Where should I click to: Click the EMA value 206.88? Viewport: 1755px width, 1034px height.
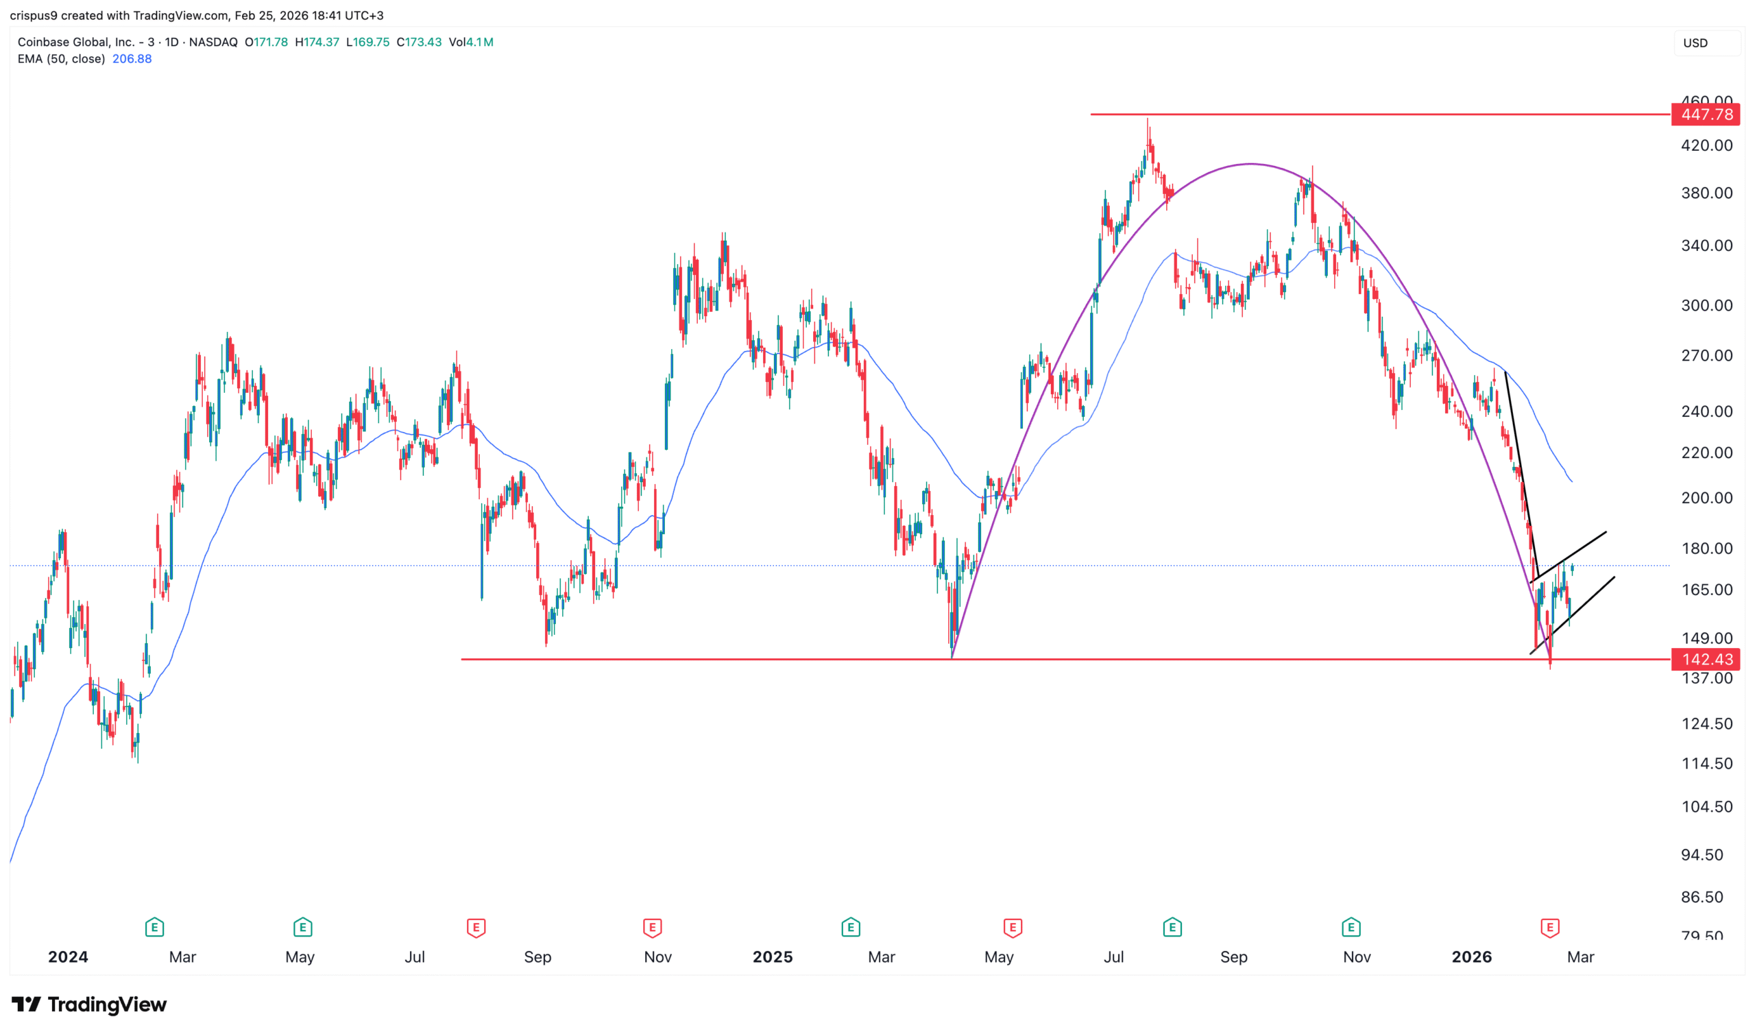tap(132, 59)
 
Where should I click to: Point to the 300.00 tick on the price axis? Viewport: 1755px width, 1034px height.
tap(1706, 305)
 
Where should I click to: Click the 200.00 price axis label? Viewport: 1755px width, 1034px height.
tap(1706, 498)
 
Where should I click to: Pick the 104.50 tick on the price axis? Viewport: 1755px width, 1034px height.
tap(1706, 807)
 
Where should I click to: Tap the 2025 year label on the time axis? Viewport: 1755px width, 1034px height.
tap(773, 957)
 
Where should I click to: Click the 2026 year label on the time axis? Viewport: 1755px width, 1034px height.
tap(1472, 957)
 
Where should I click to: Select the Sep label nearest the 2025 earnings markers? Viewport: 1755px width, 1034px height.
tap(1233, 957)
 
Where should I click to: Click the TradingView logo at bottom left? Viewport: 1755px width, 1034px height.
tap(89, 1004)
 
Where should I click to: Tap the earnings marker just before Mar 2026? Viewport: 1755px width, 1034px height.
tap(1549, 928)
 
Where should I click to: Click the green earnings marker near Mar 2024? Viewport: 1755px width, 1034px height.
tap(155, 928)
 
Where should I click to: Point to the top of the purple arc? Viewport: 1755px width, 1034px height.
tap(1251, 164)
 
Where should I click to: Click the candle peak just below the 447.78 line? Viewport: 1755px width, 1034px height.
tap(1148, 122)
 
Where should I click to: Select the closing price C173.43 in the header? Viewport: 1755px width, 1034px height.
tap(419, 42)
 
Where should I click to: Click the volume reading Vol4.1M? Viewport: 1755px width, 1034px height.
tap(471, 42)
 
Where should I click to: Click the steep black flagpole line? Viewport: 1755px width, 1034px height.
tap(1522, 474)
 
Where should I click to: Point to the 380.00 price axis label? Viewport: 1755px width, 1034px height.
tap(1706, 193)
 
